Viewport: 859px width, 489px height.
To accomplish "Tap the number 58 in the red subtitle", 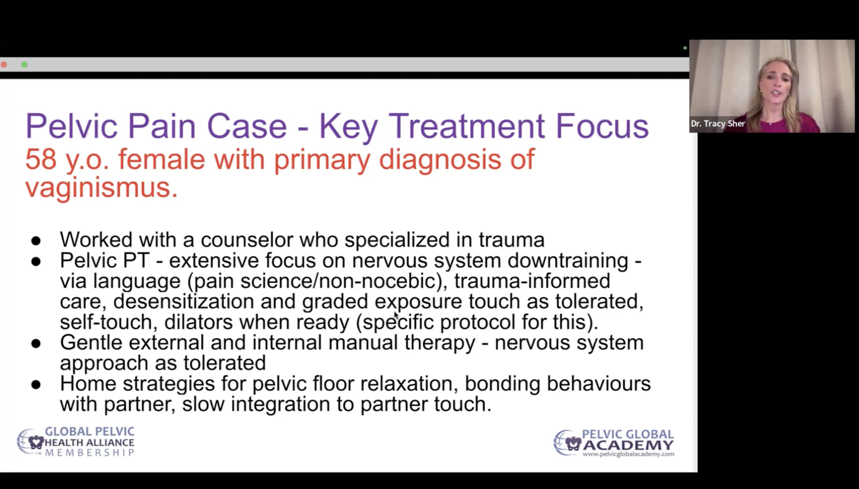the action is (41, 159).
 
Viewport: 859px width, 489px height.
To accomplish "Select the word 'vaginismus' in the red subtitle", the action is (98, 187).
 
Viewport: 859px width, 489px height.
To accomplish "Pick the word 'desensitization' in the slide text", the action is (183, 301).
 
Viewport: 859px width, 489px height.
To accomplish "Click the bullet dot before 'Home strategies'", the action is (36, 384).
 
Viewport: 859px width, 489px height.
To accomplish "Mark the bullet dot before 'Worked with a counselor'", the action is (36, 241).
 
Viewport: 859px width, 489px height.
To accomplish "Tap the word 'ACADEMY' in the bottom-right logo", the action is (628, 445).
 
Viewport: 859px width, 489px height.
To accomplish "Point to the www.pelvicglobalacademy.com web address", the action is (628, 454).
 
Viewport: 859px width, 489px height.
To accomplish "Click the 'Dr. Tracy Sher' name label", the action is (718, 123).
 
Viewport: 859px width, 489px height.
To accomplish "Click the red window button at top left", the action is (4, 64).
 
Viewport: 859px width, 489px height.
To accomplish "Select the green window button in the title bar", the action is (25, 64).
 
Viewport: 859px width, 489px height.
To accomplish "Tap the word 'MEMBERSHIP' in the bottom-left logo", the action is (89, 453).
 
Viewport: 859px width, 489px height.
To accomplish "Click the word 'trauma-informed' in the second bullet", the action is (532, 281).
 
